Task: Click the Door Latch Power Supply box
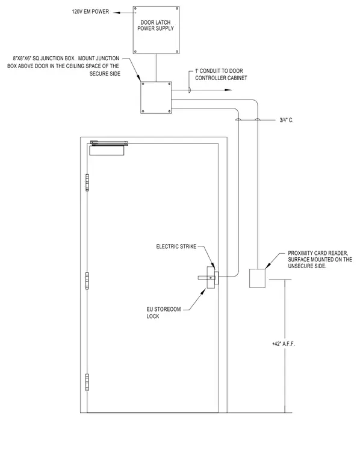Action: [156, 30]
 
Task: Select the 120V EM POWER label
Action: [90, 11]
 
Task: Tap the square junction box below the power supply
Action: [156, 98]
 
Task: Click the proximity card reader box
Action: [257, 278]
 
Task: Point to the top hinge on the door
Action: [87, 183]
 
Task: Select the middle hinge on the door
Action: [87, 281]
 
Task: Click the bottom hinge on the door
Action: [87, 382]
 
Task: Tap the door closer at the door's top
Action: [108, 148]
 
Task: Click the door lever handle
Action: [204, 278]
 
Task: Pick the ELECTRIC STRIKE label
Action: [176, 246]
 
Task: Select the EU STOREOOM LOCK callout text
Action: [164, 313]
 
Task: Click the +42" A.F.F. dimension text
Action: [284, 343]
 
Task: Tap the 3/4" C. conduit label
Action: [287, 120]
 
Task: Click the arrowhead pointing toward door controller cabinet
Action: [228, 90]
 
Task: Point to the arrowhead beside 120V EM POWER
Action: [116, 13]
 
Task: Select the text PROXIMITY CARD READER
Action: [318, 253]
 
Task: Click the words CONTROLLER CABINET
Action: [221, 78]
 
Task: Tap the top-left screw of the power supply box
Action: [135, 8]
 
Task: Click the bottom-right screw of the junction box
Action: [169, 111]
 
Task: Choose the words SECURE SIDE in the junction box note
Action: [105, 74]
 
